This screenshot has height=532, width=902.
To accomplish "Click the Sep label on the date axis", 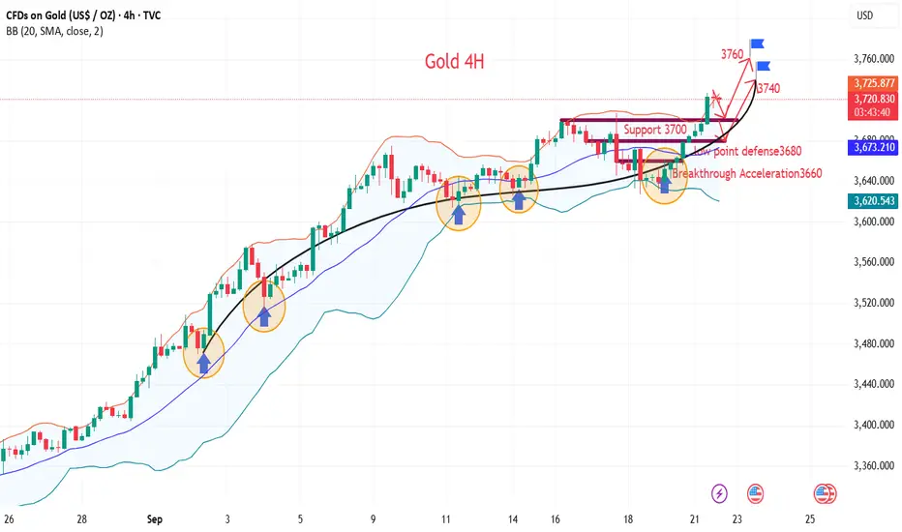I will pyautogui.click(x=156, y=517).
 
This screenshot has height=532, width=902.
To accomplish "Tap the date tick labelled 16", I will pyautogui.click(x=557, y=517).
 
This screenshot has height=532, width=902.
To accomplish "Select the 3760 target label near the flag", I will pyautogui.click(x=732, y=54).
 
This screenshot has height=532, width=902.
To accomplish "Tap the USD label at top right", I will pyautogui.click(x=868, y=15).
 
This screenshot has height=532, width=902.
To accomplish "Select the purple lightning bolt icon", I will pyautogui.click(x=719, y=493).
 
